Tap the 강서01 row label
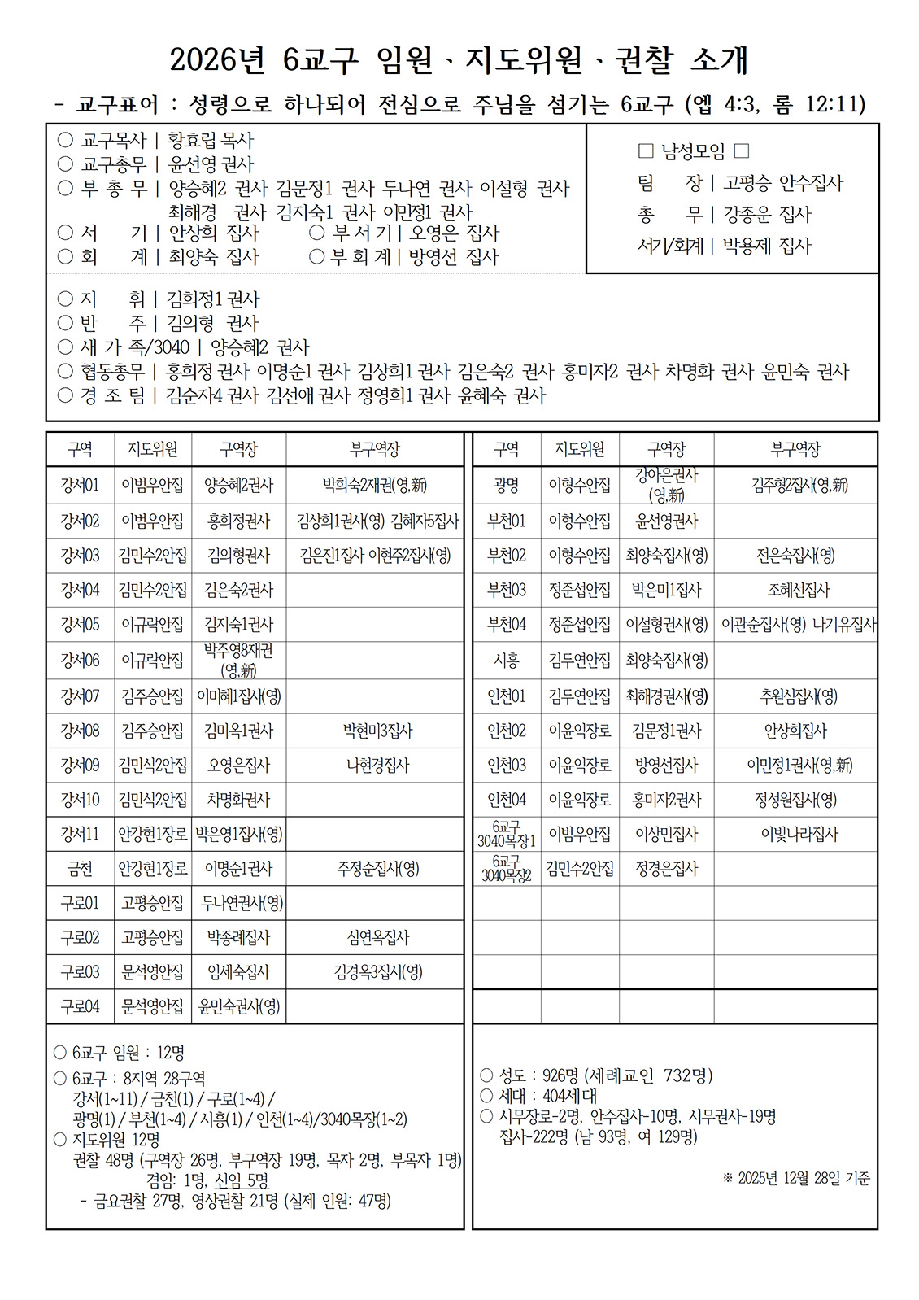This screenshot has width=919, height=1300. pos(80,486)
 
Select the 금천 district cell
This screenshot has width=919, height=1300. pos(80,869)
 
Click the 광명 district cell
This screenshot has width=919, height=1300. pos(506,486)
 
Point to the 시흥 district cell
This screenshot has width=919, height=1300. pos(506,661)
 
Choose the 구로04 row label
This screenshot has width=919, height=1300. pos(80,1006)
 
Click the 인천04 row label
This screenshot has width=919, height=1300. pos(506,800)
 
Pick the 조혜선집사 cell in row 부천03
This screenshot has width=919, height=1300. pos(795,590)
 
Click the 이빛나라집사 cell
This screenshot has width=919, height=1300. pos(795,835)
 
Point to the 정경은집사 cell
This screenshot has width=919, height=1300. pos(666,869)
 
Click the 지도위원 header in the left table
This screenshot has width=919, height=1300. pos(152,449)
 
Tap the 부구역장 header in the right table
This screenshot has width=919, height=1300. pos(795,449)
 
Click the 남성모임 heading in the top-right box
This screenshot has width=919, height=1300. pos(693,151)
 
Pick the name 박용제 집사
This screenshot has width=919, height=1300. pos(766,246)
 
